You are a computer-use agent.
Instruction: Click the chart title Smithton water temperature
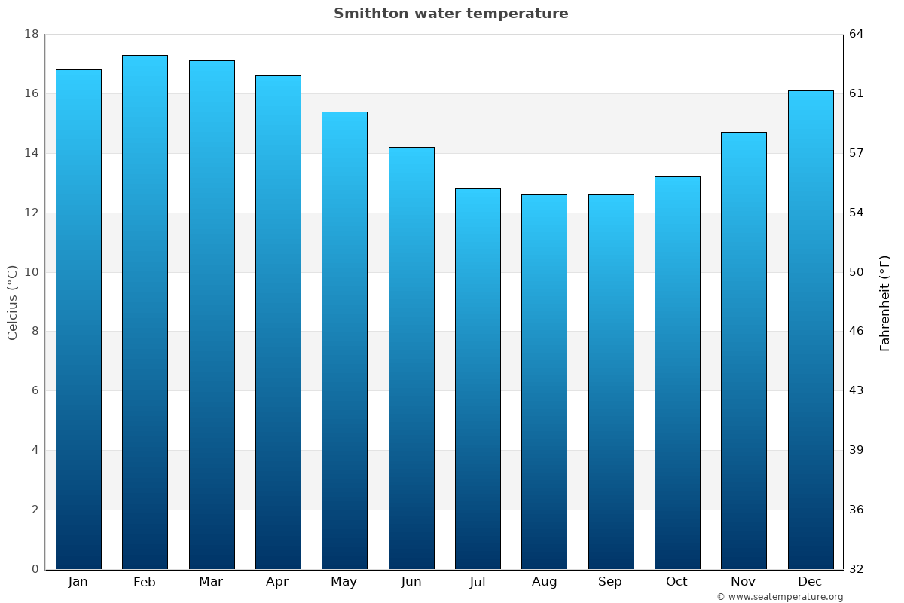click(x=450, y=14)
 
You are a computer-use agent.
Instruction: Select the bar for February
click(x=145, y=312)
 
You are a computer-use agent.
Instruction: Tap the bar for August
click(x=544, y=381)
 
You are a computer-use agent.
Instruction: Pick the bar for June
click(x=411, y=358)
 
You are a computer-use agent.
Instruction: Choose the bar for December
click(x=811, y=329)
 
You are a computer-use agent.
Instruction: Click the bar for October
click(x=677, y=372)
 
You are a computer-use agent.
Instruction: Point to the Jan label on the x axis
click(x=78, y=582)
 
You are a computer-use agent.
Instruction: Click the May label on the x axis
click(x=344, y=582)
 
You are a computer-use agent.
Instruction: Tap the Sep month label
click(x=610, y=582)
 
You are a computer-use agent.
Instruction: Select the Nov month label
click(x=744, y=582)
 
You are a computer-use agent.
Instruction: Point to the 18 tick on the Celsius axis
click(x=32, y=35)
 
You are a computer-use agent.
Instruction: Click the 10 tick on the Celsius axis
click(x=32, y=272)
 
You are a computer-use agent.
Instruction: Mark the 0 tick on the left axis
click(x=35, y=569)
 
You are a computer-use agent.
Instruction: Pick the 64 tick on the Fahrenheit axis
click(x=857, y=35)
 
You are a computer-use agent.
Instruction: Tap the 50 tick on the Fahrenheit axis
click(x=857, y=272)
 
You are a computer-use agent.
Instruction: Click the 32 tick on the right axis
click(x=857, y=569)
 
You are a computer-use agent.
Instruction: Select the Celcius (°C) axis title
click(x=13, y=302)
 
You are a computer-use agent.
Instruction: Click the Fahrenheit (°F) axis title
click(x=885, y=303)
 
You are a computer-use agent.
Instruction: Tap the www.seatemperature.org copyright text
click(x=780, y=597)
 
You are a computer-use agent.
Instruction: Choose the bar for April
click(x=278, y=322)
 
